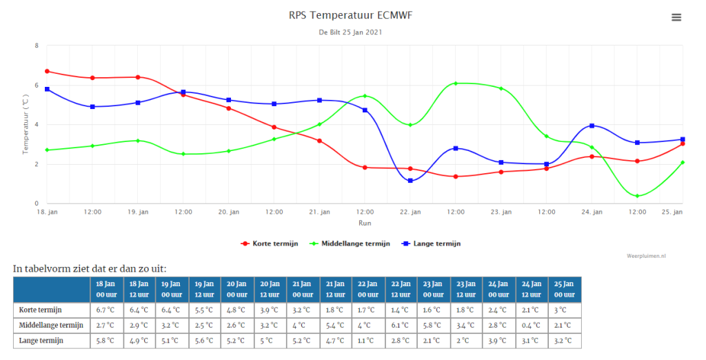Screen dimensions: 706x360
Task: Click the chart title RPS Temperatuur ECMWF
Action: [350, 15]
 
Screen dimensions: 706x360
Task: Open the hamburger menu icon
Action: [676, 17]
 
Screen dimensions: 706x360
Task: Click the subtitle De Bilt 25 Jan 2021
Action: [350, 32]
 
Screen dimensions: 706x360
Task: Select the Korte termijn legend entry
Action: [270, 243]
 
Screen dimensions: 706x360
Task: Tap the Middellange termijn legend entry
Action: [350, 243]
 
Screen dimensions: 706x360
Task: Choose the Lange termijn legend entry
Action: [431, 243]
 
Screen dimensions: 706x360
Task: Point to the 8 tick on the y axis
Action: [37, 46]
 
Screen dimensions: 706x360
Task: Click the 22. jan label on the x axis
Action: [410, 212]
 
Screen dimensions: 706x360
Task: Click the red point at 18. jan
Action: [48, 71]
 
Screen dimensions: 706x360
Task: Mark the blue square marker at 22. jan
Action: [410, 181]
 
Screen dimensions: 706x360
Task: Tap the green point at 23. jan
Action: [501, 88]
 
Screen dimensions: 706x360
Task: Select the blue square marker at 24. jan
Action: [592, 126]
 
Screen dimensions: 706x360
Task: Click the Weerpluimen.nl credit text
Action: [646, 256]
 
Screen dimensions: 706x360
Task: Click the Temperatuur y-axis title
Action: [26, 124]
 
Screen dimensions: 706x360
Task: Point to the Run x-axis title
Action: [365, 223]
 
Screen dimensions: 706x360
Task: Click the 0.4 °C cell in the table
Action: [532, 326]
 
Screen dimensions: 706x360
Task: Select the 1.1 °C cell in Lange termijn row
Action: [368, 341]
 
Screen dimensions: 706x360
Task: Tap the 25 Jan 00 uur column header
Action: [565, 289]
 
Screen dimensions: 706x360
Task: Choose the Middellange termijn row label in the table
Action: [51, 326]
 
